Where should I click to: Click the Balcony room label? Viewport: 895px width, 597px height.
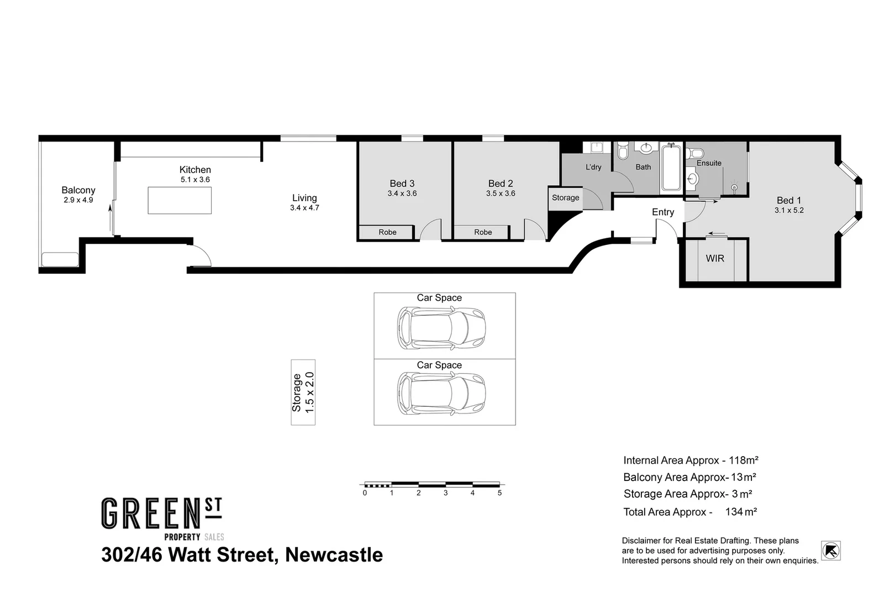pyautogui.click(x=78, y=190)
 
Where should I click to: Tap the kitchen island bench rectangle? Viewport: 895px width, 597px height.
pyautogui.click(x=180, y=200)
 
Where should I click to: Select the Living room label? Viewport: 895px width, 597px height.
pyautogui.click(x=304, y=198)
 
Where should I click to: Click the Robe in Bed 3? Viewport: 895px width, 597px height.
pyautogui.click(x=387, y=232)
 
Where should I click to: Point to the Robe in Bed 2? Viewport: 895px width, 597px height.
pyautogui.click(x=483, y=232)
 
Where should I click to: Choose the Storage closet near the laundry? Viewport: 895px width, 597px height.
pyautogui.click(x=565, y=197)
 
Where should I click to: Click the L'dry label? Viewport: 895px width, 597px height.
pyautogui.click(x=593, y=167)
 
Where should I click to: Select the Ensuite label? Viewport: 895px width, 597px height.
pyautogui.click(x=709, y=163)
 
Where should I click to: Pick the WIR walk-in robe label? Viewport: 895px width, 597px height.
pyautogui.click(x=715, y=258)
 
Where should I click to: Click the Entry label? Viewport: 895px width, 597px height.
pyautogui.click(x=663, y=212)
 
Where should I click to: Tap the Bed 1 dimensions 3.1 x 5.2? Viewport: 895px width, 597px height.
pyautogui.click(x=789, y=211)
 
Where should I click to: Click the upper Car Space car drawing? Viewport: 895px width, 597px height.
pyautogui.click(x=441, y=328)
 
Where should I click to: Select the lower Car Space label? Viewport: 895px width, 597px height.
pyautogui.click(x=439, y=365)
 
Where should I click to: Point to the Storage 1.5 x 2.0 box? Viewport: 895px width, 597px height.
pyautogui.click(x=303, y=392)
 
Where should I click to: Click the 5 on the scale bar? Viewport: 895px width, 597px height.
pyautogui.click(x=499, y=493)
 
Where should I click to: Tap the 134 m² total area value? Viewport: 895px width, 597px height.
pyautogui.click(x=741, y=512)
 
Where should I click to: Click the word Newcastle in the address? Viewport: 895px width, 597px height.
pyautogui.click(x=334, y=554)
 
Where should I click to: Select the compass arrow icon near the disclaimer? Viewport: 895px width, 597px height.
pyautogui.click(x=830, y=551)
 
